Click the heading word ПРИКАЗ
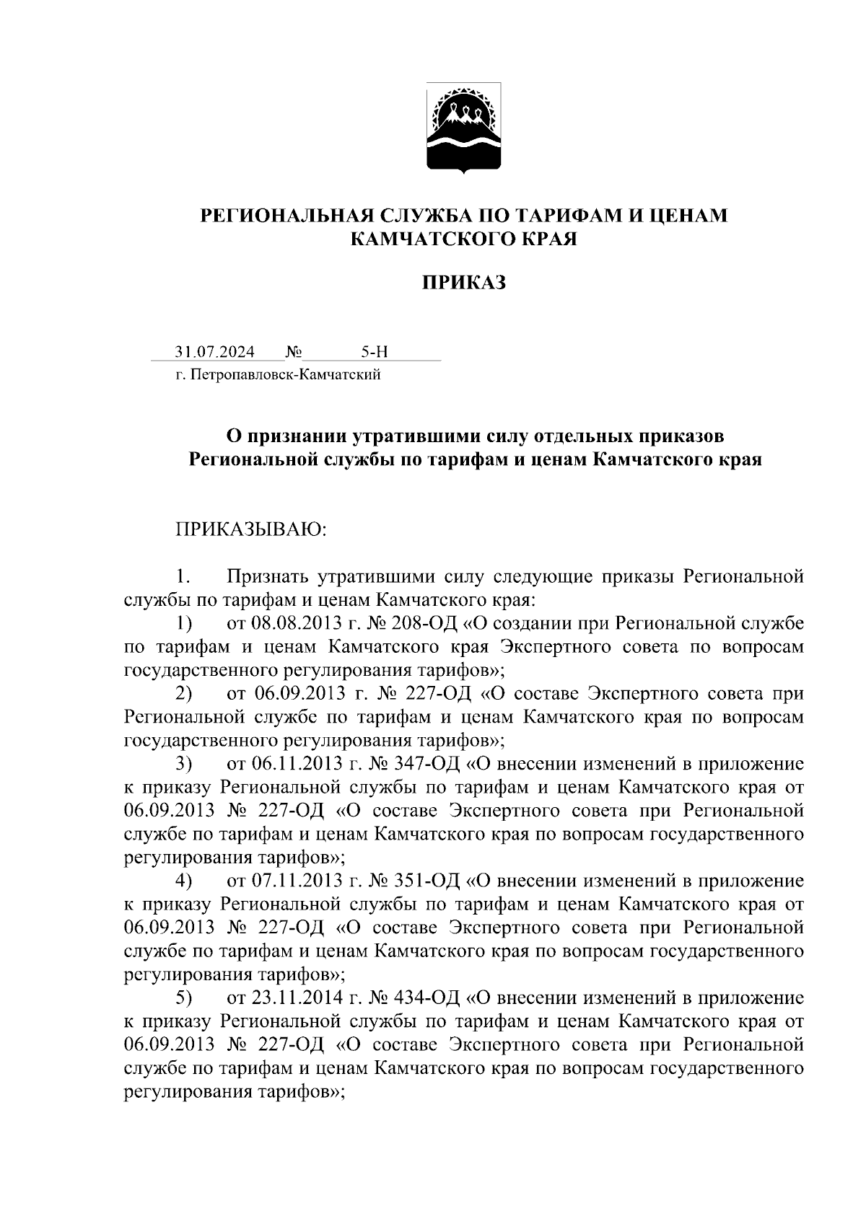[x=464, y=283]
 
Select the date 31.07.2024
[x=214, y=352]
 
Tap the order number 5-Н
[x=374, y=352]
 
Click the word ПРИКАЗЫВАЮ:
[x=251, y=530]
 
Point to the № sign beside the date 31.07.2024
[x=293, y=352]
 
